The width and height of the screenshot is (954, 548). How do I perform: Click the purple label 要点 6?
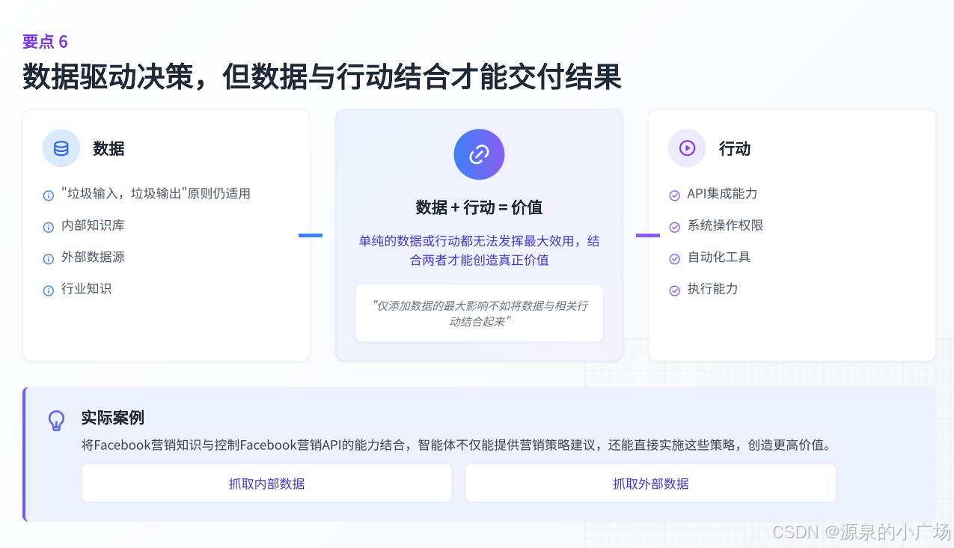(x=45, y=42)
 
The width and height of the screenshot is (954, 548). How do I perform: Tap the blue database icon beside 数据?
(x=61, y=148)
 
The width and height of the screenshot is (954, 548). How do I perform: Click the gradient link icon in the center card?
(x=479, y=154)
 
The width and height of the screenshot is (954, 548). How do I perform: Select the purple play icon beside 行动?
(x=687, y=148)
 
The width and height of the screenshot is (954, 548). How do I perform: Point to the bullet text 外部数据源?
(x=93, y=257)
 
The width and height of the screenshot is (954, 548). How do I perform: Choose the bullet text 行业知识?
(x=86, y=289)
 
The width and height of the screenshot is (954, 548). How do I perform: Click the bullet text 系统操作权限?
(x=725, y=225)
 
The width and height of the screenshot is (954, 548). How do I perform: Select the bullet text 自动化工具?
(x=719, y=257)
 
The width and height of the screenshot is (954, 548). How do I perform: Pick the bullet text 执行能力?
(x=712, y=289)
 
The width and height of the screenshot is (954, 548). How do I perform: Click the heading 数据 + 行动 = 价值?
(x=479, y=207)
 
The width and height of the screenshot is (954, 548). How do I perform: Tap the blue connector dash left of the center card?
(x=311, y=235)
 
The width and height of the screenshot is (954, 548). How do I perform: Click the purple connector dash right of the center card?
(x=648, y=235)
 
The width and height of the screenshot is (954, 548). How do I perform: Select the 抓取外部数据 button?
(x=650, y=484)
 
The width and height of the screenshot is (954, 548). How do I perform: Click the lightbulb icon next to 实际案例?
(x=56, y=420)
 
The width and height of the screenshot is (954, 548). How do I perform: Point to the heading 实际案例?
(x=113, y=418)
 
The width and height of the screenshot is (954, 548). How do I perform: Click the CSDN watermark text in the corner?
(x=861, y=532)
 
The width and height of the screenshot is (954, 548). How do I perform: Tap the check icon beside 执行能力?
(x=674, y=290)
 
